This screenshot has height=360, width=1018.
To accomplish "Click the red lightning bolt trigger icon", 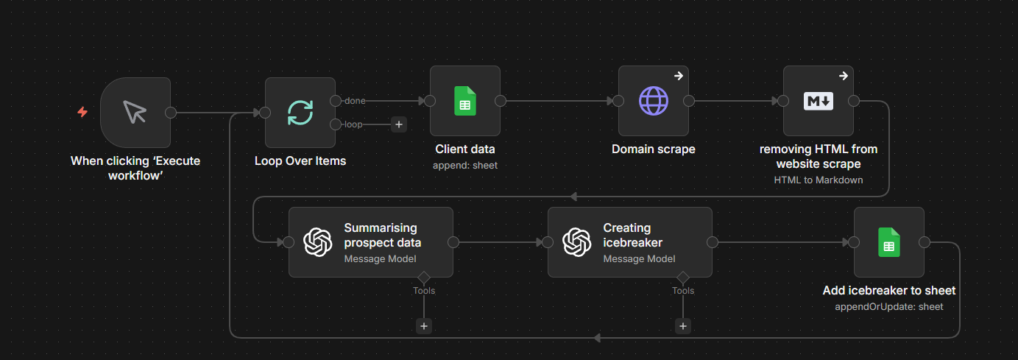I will (82, 113).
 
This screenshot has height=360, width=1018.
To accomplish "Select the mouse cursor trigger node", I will (135, 113).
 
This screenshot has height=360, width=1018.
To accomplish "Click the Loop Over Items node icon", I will (300, 113).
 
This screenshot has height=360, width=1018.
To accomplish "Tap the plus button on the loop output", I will (399, 124).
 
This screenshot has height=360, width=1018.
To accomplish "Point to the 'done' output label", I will (355, 101).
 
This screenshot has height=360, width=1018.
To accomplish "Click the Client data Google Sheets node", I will (464, 101).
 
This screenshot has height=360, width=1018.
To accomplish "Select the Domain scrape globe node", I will (653, 101).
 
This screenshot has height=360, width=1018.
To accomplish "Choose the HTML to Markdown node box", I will (818, 101).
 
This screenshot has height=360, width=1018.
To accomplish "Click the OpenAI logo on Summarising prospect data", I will (318, 242).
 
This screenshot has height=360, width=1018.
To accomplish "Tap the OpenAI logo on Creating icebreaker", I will (577, 242).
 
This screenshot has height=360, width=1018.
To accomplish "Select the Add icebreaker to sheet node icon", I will (888, 242).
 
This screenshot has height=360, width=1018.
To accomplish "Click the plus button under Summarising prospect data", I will (424, 326).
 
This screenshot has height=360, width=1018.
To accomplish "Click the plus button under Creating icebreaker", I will (683, 326).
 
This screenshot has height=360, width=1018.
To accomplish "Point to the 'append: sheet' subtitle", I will (465, 166).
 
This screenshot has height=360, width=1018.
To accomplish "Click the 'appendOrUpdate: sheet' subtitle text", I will (888, 307).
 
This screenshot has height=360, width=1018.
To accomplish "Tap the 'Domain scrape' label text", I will (653, 149).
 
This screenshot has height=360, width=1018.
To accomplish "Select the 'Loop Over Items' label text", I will (300, 160).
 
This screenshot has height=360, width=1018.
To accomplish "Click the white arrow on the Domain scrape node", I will (678, 76).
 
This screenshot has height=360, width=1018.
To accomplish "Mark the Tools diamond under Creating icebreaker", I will (683, 277).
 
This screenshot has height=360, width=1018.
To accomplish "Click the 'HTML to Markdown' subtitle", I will (818, 180).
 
